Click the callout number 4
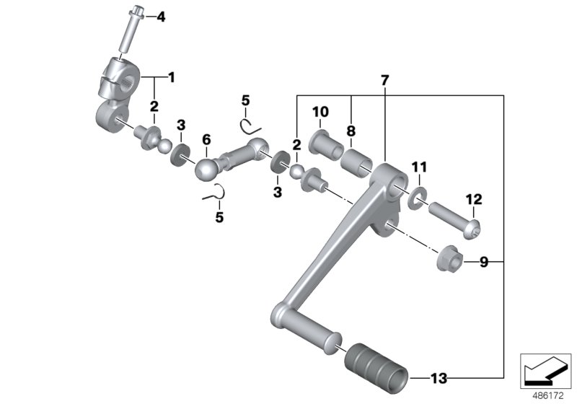pyautogui.click(x=161, y=16)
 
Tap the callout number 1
pyautogui.click(x=172, y=76)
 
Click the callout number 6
pyautogui.click(x=206, y=139)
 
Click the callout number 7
pyautogui.click(x=384, y=80)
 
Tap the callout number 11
pyautogui.click(x=419, y=167)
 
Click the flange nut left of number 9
pyautogui.click(x=447, y=260)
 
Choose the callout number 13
pyautogui.click(x=439, y=377)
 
